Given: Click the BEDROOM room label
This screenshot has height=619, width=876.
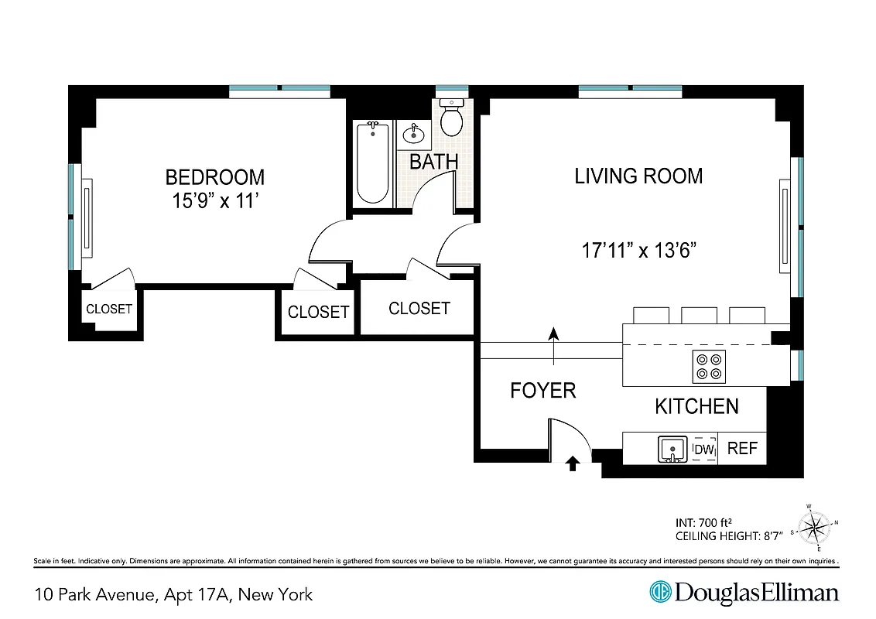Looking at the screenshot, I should point(214,177).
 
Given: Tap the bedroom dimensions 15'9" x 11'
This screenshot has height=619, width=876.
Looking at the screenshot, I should point(214,202).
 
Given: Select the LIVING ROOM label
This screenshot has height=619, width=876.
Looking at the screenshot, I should point(638,176).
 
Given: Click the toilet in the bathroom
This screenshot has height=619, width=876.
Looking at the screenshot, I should point(451,118).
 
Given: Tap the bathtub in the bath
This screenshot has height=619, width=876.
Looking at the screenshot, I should point(373,163).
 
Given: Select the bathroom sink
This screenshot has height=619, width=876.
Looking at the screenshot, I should point(414,135).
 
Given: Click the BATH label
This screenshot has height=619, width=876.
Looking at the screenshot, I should point(433,162).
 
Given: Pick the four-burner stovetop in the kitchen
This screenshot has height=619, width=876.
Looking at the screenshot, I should point(708,366).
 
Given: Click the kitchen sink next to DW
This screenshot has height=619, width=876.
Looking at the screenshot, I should point(672,449).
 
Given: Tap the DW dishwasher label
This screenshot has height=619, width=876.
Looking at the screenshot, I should point(703,449).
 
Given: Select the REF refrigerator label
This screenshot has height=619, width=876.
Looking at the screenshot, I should point(742,449).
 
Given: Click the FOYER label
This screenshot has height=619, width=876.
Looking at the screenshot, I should point(542,391).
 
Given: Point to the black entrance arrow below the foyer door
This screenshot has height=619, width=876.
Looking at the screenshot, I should point(573,463).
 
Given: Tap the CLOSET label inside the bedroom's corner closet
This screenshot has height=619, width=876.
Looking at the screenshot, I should point(108,309).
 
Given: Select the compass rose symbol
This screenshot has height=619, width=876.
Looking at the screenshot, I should point(813,529).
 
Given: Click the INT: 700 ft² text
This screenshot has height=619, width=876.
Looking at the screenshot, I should point(705,521).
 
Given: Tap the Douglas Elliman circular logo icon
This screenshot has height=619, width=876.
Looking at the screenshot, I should point(660,593).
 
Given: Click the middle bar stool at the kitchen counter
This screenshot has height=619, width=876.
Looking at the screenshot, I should point(699,315).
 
